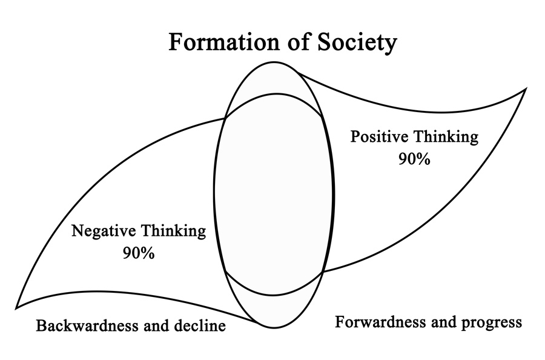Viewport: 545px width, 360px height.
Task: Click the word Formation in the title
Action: (x=224, y=42)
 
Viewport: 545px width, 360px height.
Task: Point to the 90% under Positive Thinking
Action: (x=414, y=159)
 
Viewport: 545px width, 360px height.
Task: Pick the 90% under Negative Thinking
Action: (x=138, y=253)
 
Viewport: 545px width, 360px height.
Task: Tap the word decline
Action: (x=200, y=326)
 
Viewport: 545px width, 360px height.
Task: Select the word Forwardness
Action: (x=381, y=322)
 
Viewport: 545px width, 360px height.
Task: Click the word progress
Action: (x=492, y=324)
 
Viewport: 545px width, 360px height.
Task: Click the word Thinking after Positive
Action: (x=446, y=137)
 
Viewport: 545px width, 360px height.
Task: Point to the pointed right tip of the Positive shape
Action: (x=526, y=89)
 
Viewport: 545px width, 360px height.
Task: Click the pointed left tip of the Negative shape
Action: (x=16, y=308)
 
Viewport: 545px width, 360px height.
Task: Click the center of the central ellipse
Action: (x=274, y=195)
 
